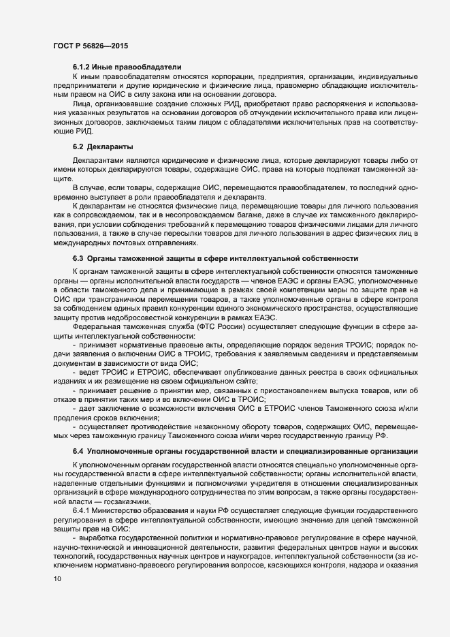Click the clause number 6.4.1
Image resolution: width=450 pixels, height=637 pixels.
(x=83, y=510)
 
